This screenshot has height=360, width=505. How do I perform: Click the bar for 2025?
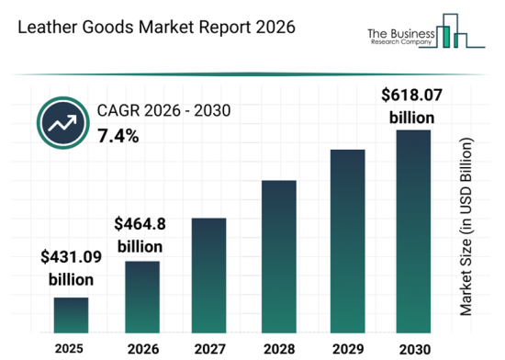(71, 314)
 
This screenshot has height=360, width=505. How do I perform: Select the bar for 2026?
(141, 296)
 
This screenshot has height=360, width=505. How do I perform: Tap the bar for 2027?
(208, 275)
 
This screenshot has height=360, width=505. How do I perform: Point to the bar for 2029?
(348, 240)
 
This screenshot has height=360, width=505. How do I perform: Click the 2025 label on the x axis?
(71, 349)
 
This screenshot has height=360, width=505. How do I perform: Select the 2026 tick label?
(141, 349)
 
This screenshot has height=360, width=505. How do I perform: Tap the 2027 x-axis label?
(208, 349)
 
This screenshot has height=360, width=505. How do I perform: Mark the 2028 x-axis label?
(278, 349)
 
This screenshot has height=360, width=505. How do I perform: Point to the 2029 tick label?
(348, 349)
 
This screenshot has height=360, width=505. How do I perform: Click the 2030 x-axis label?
(413, 349)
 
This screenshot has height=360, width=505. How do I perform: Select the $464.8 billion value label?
(140, 235)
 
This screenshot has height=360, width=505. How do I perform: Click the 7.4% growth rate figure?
(118, 137)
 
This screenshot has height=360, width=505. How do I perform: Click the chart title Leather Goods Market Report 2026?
(156, 28)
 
